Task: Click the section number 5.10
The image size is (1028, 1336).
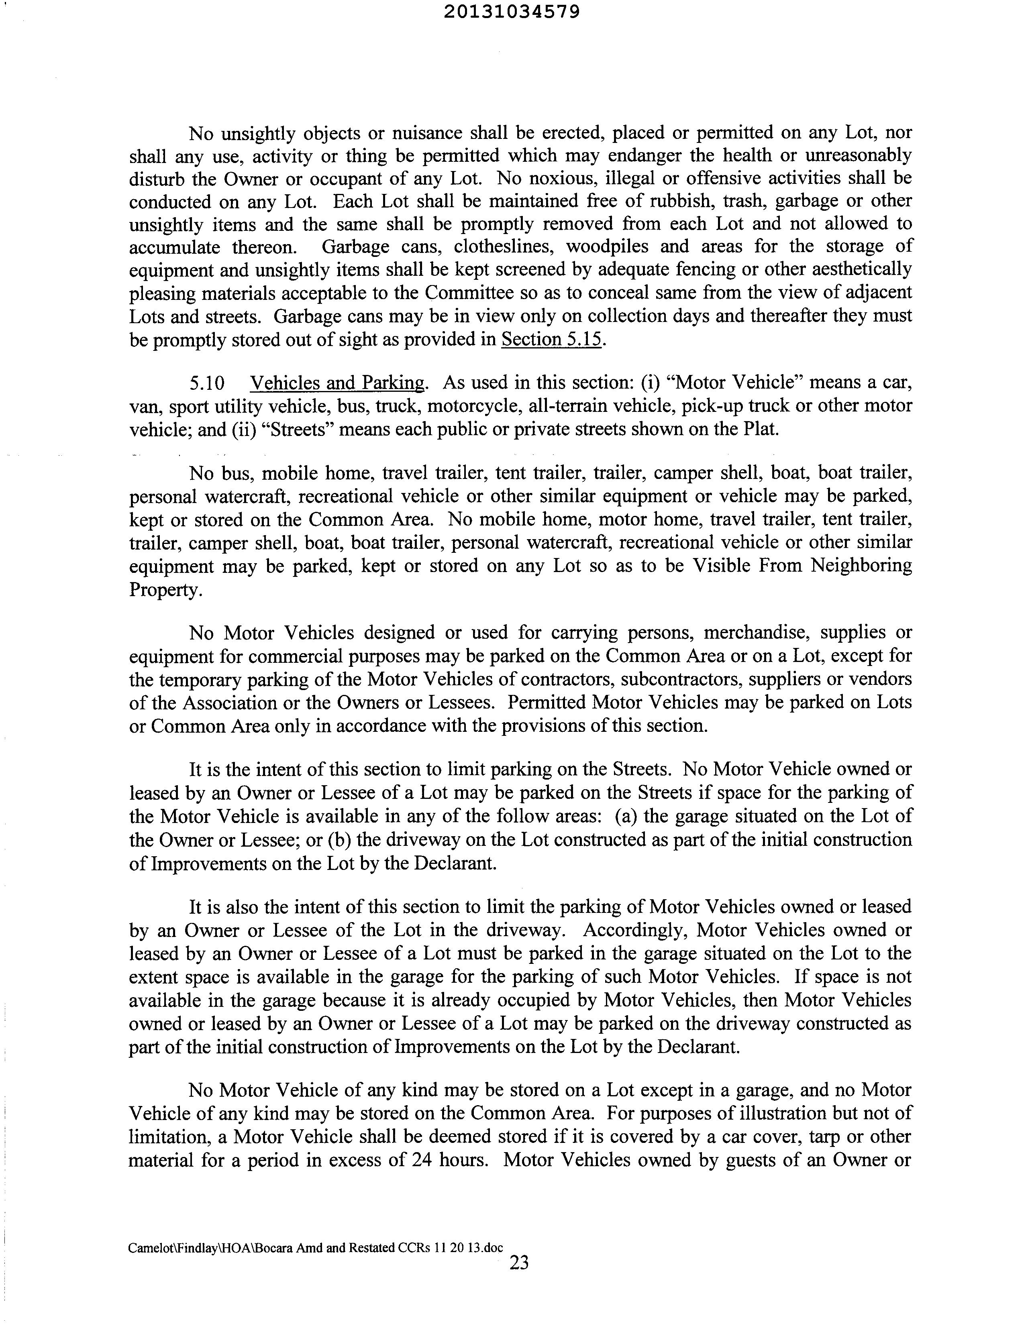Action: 207,383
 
